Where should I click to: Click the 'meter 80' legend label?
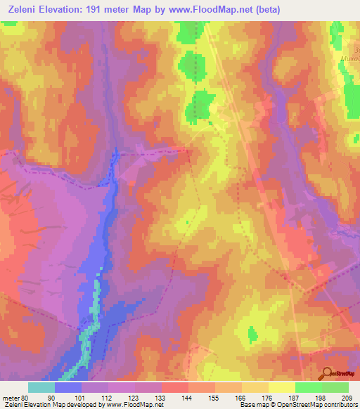[13, 398]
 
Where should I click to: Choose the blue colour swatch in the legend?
[68, 387]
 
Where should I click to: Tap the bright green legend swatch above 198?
[308, 387]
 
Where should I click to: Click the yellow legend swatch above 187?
[281, 387]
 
